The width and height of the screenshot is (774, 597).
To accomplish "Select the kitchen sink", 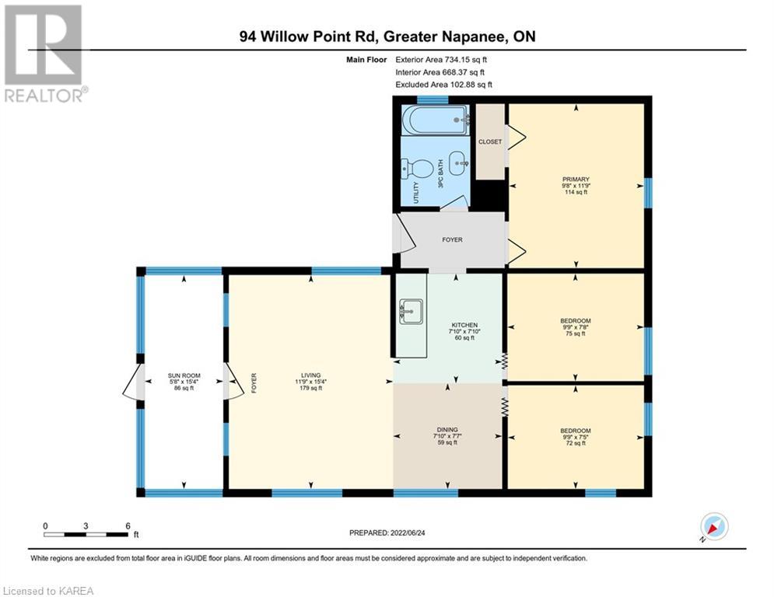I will click(x=409, y=312).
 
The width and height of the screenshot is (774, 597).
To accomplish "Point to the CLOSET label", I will click(x=490, y=142).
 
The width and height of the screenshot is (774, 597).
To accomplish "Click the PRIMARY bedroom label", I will click(x=576, y=180).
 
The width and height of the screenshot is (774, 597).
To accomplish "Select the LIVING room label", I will click(x=311, y=375).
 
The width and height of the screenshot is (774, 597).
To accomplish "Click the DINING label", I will click(x=447, y=429).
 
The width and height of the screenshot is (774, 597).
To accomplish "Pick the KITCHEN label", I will click(x=464, y=325).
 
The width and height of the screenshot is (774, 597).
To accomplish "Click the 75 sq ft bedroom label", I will click(x=576, y=321).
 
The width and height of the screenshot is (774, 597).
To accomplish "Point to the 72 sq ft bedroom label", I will click(x=576, y=431).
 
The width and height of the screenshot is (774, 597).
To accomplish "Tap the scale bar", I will click(x=86, y=534).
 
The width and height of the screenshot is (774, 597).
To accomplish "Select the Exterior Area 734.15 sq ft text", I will click(x=441, y=59).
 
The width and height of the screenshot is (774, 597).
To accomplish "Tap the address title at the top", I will click(x=387, y=37).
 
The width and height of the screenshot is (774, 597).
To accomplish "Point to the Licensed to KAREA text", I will click(x=47, y=591).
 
